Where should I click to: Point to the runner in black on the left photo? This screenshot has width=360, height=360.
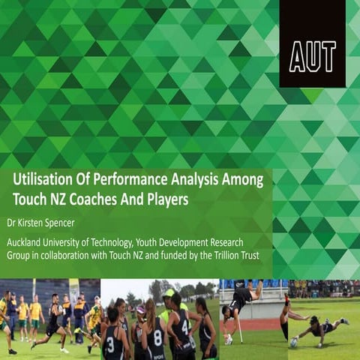[x=53, y=322]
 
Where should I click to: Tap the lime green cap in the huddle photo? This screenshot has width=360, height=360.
[x=169, y=293]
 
